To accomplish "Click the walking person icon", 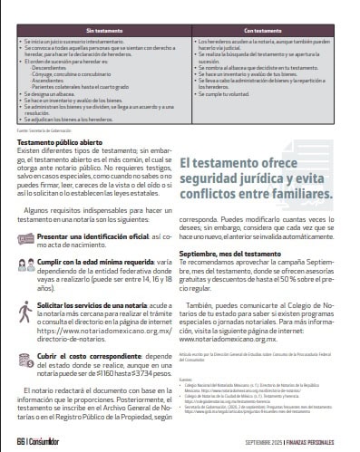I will coord(25,311).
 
